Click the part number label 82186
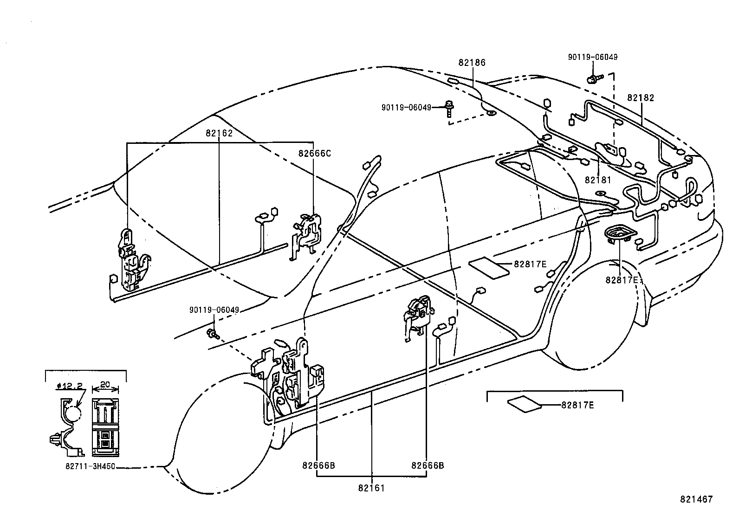tap(472, 63)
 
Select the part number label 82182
tap(640, 98)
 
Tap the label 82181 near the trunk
tap(598, 180)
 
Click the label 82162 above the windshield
tap(219, 133)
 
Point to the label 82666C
tap(314, 154)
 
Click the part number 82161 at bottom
tap(371, 488)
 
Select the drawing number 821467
tap(696, 499)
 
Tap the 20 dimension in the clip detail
tap(105, 385)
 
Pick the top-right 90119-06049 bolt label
tap(593, 58)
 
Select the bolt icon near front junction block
tap(212, 333)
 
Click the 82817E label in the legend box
tap(577, 405)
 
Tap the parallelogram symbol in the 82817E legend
tap(525, 404)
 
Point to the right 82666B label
tap(427, 465)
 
